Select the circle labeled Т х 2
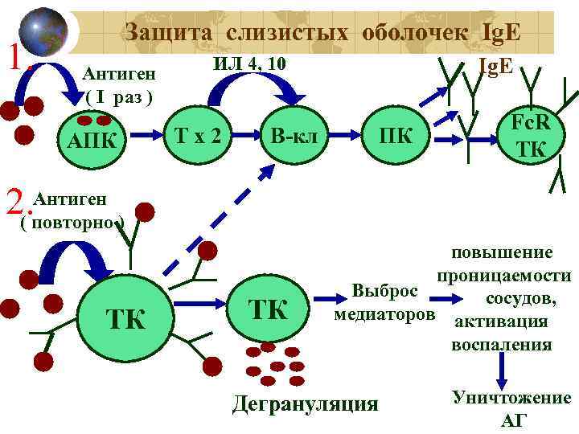(197, 137)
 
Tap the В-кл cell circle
(294, 137)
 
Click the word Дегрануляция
(304, 403)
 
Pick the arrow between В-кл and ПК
(345, 137)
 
